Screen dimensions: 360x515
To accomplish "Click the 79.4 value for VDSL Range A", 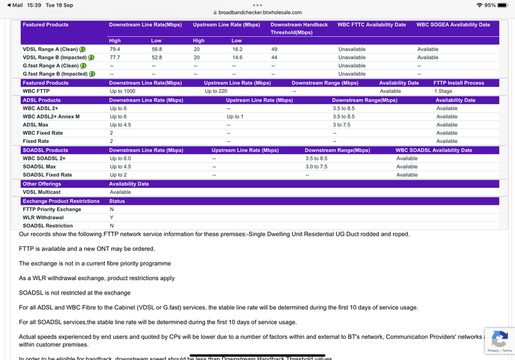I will (115, 50).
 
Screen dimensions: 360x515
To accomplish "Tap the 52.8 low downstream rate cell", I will (157, 58).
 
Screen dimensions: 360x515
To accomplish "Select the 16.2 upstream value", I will (237, 50).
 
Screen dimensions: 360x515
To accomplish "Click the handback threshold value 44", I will (274, 58).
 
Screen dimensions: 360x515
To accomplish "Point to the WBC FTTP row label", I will (36, 91).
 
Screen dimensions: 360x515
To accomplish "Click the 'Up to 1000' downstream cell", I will (123, 91).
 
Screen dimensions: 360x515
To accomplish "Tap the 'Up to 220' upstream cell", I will (216, 91).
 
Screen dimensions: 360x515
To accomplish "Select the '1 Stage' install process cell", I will (443, 91).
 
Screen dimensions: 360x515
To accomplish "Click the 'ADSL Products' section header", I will (42, 100).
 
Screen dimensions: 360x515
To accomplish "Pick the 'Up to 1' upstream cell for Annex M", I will (235, 117).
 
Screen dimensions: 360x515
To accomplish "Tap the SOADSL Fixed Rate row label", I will (47, 175).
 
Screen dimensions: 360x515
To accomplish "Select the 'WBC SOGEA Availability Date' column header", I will (453, 25).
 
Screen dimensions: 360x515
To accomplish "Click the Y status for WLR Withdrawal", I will (111, 218).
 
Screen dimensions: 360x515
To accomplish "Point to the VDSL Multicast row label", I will (42, 192).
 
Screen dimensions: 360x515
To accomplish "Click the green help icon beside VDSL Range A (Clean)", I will (82, 50).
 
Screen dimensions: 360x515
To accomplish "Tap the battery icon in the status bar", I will (503, 5).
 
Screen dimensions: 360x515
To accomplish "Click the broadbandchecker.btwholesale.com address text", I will (260, 12).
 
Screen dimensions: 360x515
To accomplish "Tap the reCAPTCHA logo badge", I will (499, 339).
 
